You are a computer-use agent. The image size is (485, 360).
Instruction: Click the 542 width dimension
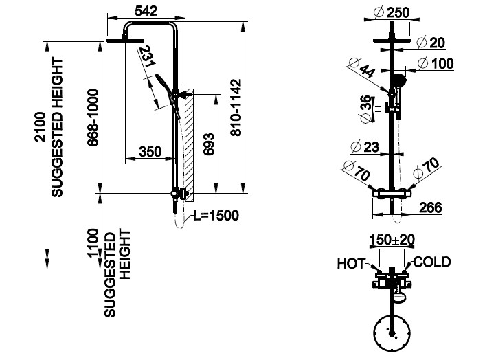(x=146, y=11)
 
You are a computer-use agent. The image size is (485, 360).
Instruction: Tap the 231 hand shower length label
(x=146, y=56)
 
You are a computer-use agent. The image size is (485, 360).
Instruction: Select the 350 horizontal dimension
(x=150, y=152)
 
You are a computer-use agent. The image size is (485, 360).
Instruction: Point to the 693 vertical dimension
(x=208, y=144)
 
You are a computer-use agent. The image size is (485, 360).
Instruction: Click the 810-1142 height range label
(x=236, y=108)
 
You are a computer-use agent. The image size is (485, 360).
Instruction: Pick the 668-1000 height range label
(x=93, y=117)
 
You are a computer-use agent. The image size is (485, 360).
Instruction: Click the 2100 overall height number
(x=41, y=127)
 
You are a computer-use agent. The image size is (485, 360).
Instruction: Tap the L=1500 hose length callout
(x=216, y=216)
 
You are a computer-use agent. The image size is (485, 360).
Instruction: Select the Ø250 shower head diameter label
(x=392, y=12)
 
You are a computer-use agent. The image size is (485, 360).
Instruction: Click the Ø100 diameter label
(x=436, y=63)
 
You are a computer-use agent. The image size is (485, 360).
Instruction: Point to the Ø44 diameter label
(x=362, y=68)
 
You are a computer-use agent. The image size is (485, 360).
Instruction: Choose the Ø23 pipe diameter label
(x=365, y=146)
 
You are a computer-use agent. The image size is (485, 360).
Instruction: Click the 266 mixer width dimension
(x=431, y=207)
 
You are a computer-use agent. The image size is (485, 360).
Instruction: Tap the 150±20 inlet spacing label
(x=392, y=239)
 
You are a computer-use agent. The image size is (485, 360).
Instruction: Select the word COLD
(x=432, y=262)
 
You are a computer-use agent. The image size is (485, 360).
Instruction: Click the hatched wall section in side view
(x=189, y=146)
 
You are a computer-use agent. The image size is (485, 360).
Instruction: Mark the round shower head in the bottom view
(x=392, y=333)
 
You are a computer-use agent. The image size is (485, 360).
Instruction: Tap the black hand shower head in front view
(x=398, y=80)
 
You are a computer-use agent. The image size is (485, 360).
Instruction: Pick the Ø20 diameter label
(x=431, y=43)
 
